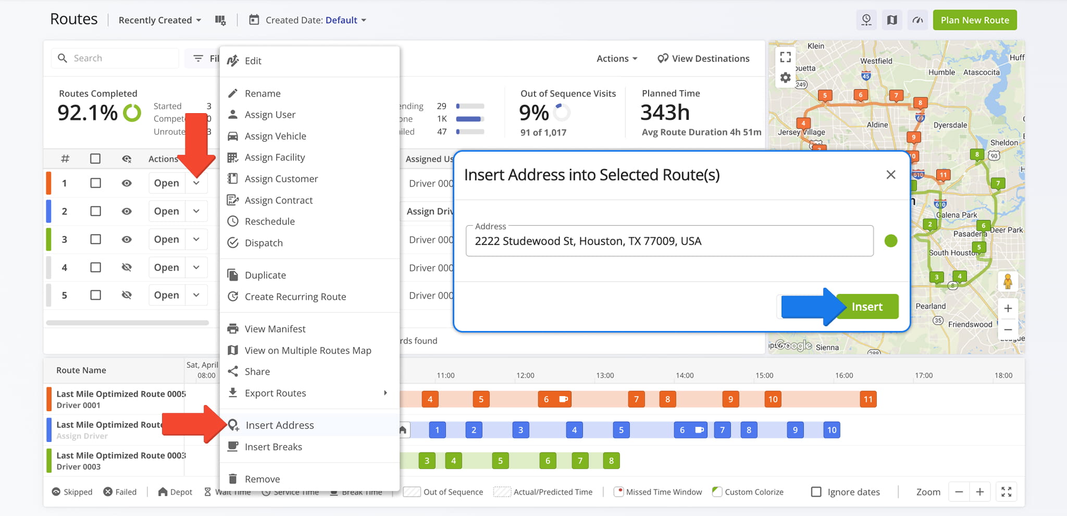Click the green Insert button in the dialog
pyautogui.click(x=867, y=306)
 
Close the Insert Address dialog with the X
pyautogui.click(x=891, y=175)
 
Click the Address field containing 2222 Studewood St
pyautogui.click(x=669, y=241)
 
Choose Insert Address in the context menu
pyautogui.click(x=279, y=425)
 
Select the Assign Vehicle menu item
pyautogui.click(x=275, y=136)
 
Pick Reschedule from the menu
pyautogui.click(x=269, y=222)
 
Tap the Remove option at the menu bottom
pyautogui.click(x=262, y=479)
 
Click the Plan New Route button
pyautogui.click(x=974, y=20)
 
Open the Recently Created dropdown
pyautogui.click(x=159, y=20)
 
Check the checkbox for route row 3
pyautogui.click(x=95, y=239)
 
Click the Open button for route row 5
pyautogui.click(x=166, y=295)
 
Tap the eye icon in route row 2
pyautogui.click(x=127, y=211)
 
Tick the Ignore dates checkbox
pyautogui.click(x=816, y=492)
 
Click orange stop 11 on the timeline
pyautogui.click(x=868, y=399)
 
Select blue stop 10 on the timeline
pyautogui.click(x=832, y=430)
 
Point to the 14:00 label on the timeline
pyautogui.click(x=685, y=375)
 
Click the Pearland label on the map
pyautogui.click(x=930, y=306)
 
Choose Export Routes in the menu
pyautogui.click(x=275, y=393)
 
